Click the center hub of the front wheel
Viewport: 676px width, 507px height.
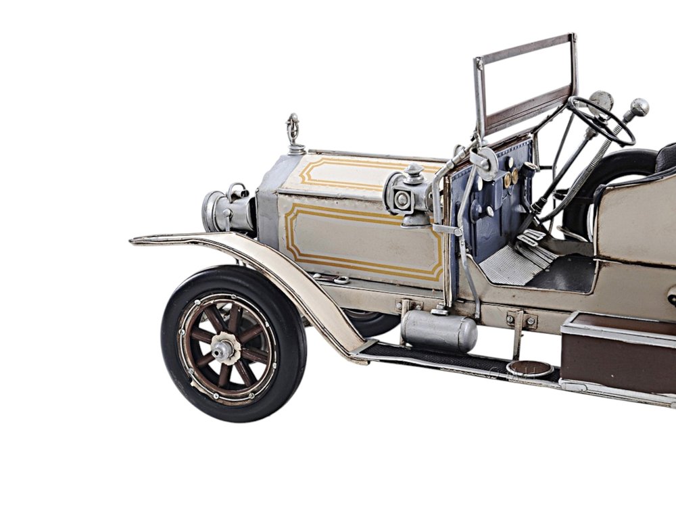224,348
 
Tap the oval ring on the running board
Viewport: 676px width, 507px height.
529,368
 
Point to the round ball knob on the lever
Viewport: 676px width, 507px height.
638,106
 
